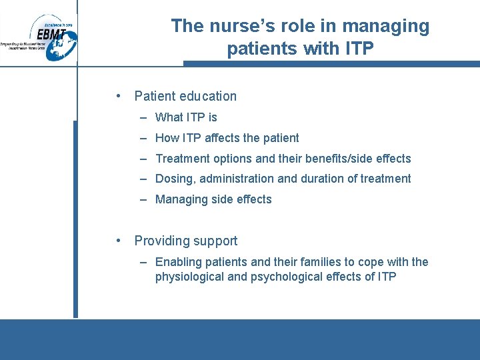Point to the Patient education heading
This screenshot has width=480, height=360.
pyautogui.click(x=185, y=96)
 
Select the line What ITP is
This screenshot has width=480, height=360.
pyautogui.click(x=186, y=117)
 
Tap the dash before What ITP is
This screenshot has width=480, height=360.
pyautogui.click(x=144, y=117)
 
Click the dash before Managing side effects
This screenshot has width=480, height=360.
pyautogui.click(x=144, y=199)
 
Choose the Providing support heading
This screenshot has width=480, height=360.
pyautogui.click(x=185, y=241)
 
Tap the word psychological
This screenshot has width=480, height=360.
pyautogui.click(x=285, y=276)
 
